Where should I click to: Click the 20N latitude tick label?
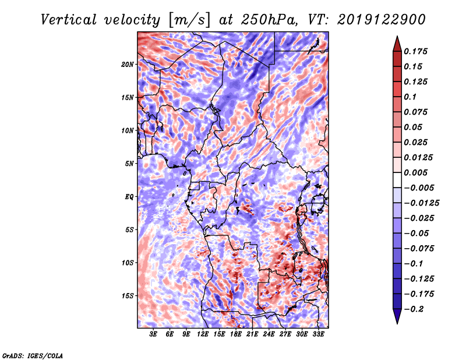pyautogui.click(x=128, y=64)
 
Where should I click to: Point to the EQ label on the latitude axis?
pyautogui.click(x=129, y=197)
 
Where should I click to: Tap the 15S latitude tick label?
pyautogui.click(x=128, y=296)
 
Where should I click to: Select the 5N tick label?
pyautogui.click(x=129, y=164)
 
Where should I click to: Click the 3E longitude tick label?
pyautogui.click(x=153, y=334)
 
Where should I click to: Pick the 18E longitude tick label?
pyautogui.click(x=236, y=334)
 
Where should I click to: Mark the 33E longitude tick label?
pyautogui.click(x=318, y=334)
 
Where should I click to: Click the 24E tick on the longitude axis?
pyautogui.click(x=269, y=334)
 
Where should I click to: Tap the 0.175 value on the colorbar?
pyautogui.click(x=415, y=51)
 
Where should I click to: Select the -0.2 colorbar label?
pyautogui.click(x=414, y=309)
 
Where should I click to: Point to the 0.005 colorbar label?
pyautogui.click(x=415, y=172)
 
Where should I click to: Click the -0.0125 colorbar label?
pyautogui.click(x=421, y=203)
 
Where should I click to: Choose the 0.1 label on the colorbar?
pyautogui.click(x=410, y=97)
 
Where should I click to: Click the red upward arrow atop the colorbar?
pyautogui.click(x=397, y=44)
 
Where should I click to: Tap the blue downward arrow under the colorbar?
pyautogui.click(x=397, y=316)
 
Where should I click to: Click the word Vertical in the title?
pyautogui.click(x=68, y=20)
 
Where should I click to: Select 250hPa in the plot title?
pyautogui.click(x=269, y=20)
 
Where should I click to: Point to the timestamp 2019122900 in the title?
pyautogui.click(x=382, y=20)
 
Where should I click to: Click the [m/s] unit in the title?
pyautogui.click(x=189, y=20)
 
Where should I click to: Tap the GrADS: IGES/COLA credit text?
pyautogui.click(x=33, y=355)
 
